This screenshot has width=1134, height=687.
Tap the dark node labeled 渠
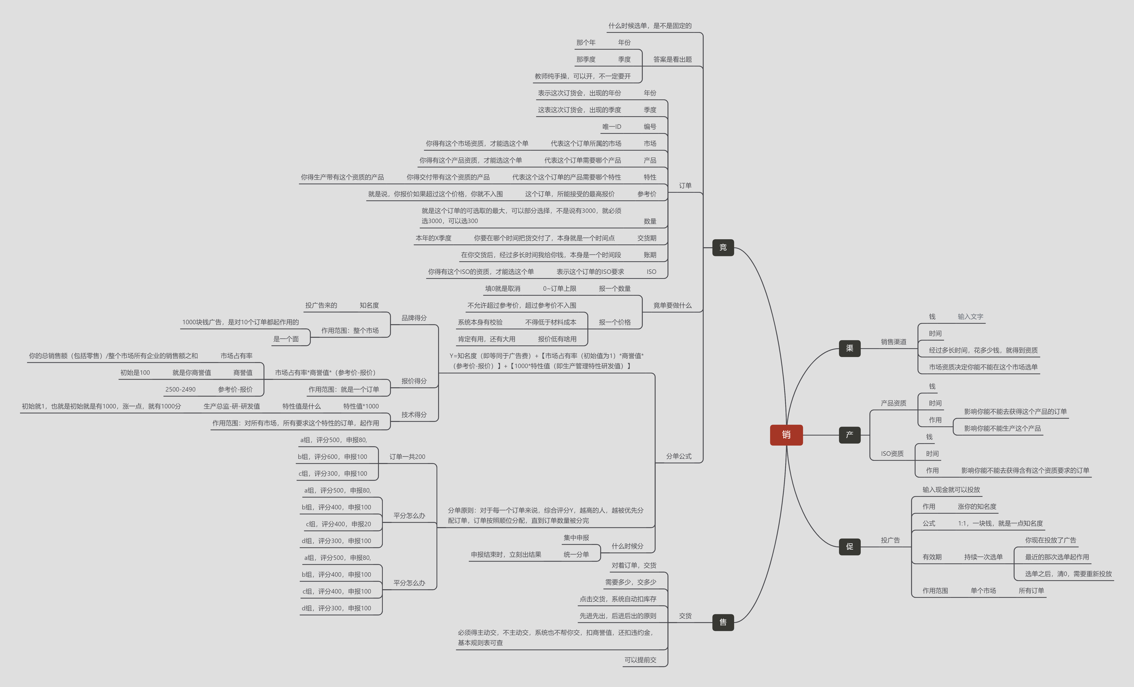[x=850, y=348]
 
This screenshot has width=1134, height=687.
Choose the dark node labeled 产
[x=850, y=435]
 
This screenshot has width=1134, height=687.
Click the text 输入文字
[x=970, y=317]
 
